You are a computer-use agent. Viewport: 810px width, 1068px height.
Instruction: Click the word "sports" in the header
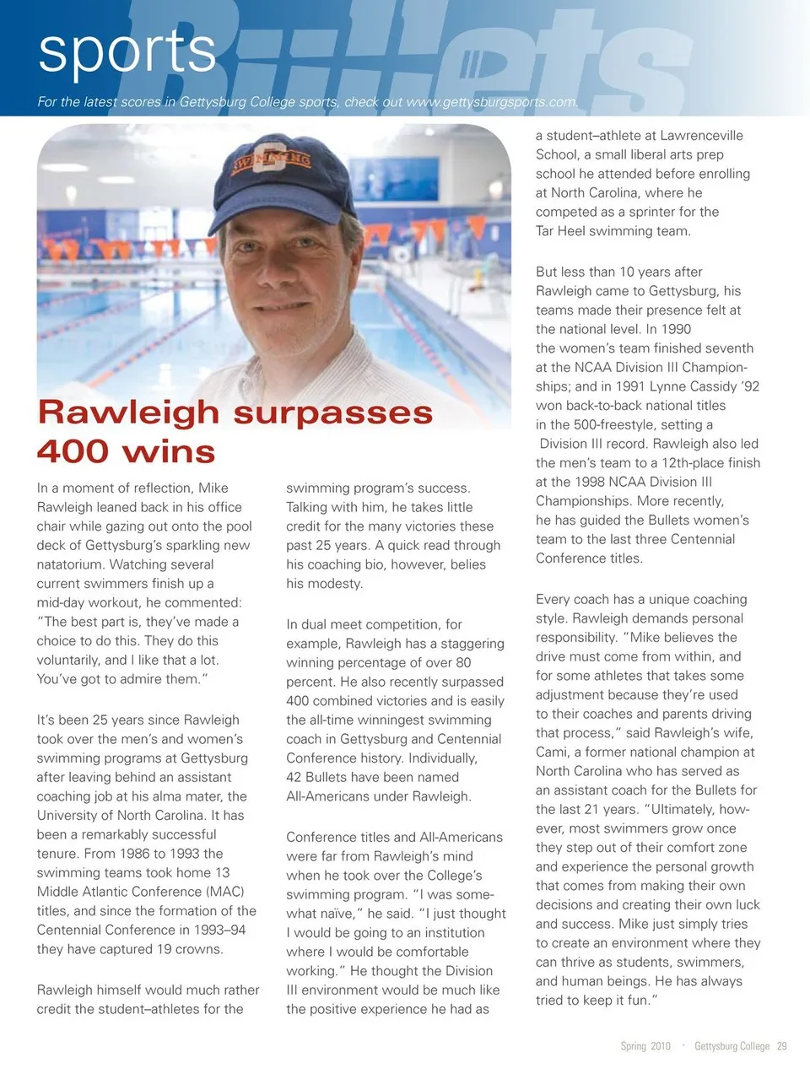[x=127, y=51]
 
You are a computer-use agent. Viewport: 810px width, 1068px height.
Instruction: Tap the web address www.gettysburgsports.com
[x=492, y=102]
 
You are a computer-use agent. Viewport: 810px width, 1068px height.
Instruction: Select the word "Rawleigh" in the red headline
[x=129, y=413]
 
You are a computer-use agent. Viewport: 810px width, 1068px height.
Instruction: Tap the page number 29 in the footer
[x=781, y=1046]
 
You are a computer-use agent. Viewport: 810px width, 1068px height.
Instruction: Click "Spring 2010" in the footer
[x=645, y=1046]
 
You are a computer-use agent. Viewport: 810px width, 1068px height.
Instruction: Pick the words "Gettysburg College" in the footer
[x=732, y=1046]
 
